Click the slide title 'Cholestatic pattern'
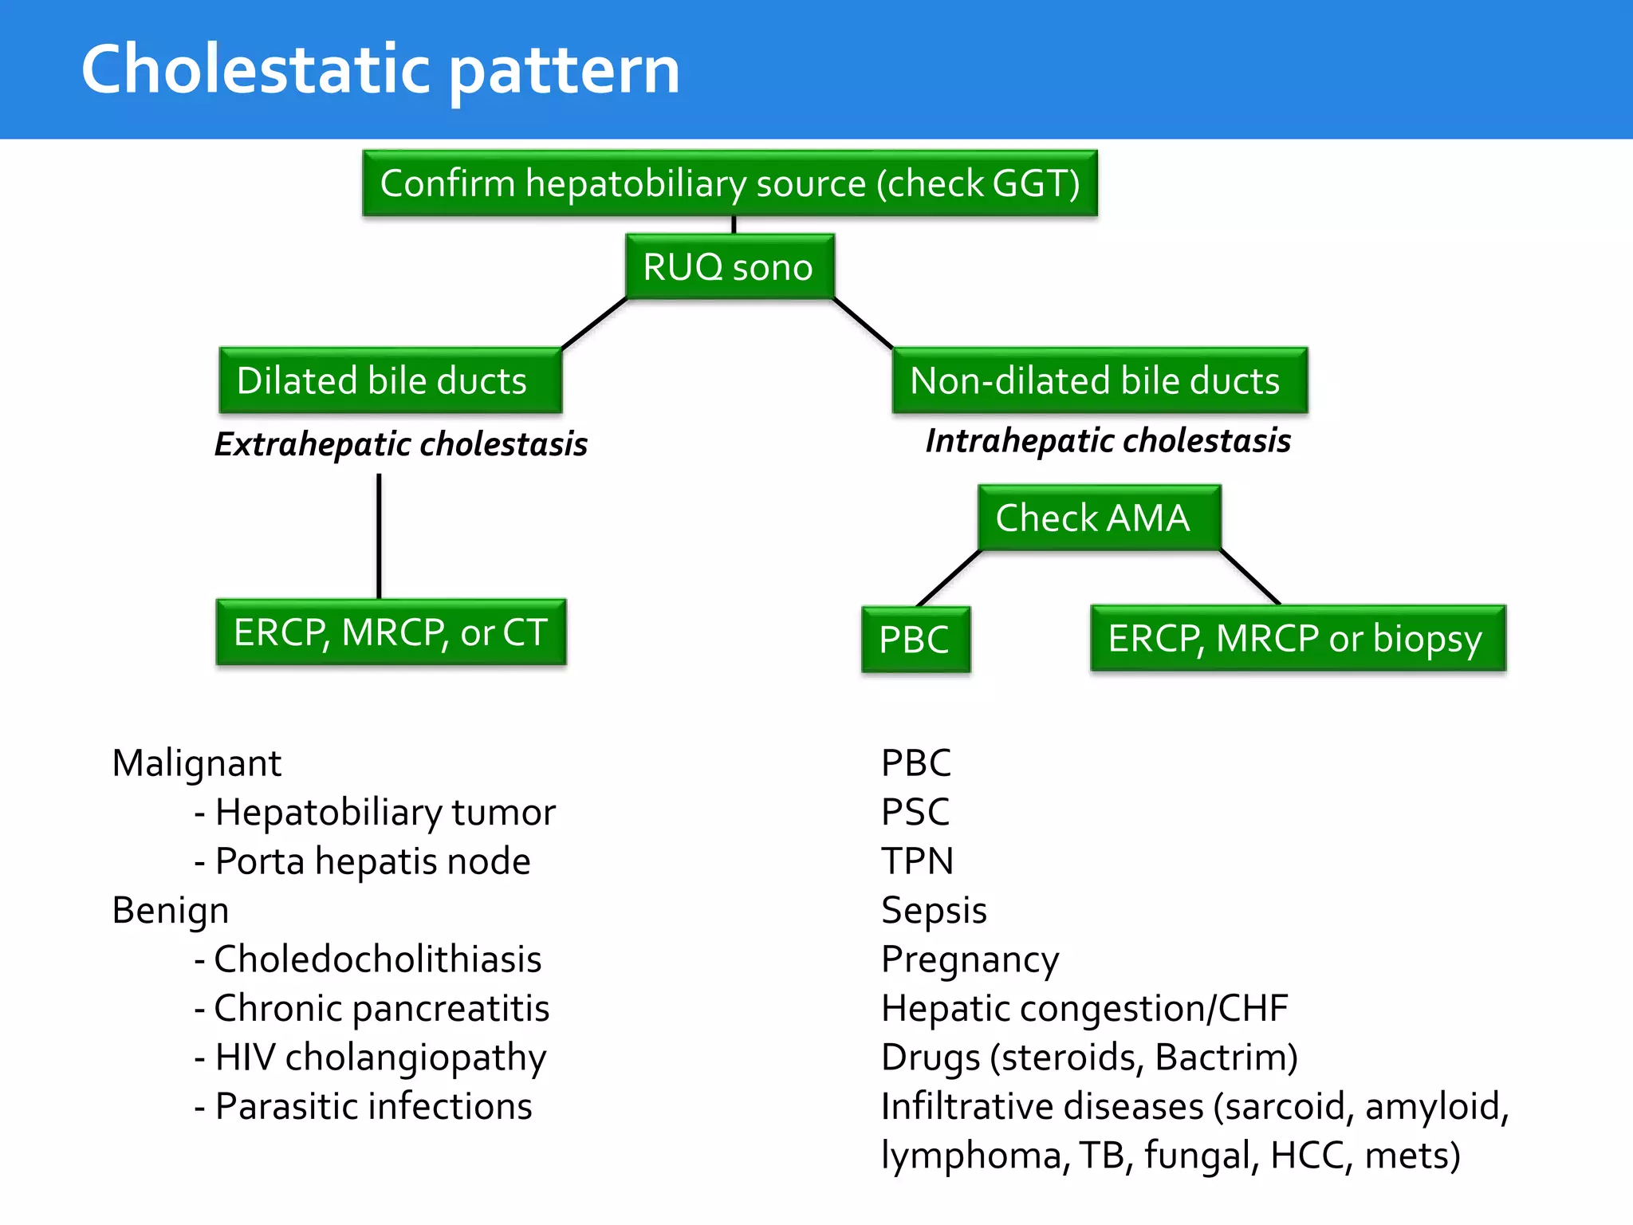click(380, 70)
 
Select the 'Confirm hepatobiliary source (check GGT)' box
click(730, 183)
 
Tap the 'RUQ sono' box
click(729, 267)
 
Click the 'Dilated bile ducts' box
click(390, 380)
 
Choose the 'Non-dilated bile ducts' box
click(1099, 380)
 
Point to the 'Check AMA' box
click(1098, 518)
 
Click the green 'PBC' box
click(915, 640)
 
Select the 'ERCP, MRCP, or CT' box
click(391, 632)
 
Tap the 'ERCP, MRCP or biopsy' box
click(1297, 639)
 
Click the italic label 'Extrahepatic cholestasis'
click(401, 444)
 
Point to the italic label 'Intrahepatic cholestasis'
click(1108, 441)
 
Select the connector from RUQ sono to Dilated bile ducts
click(594, 324)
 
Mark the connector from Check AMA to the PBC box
click(949, 578)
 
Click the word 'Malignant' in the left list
click(197, 763)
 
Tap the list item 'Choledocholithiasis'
click(377, 959)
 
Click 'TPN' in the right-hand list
click(917, 861)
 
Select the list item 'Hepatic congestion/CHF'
click(1084, 1008)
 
